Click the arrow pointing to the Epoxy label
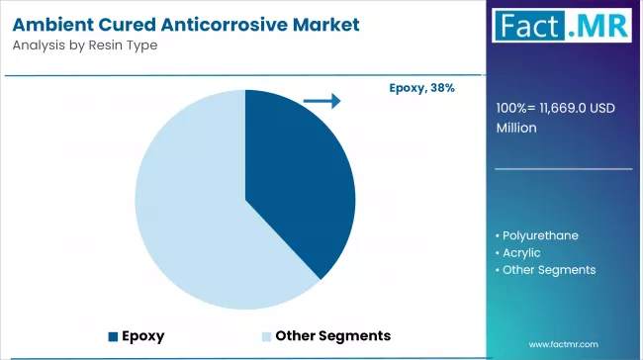click(321, 101)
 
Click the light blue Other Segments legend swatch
click(265, 335)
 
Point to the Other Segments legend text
click(332, 335)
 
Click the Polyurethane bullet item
click(540, 235)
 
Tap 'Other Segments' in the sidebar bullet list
click(548, 269)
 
